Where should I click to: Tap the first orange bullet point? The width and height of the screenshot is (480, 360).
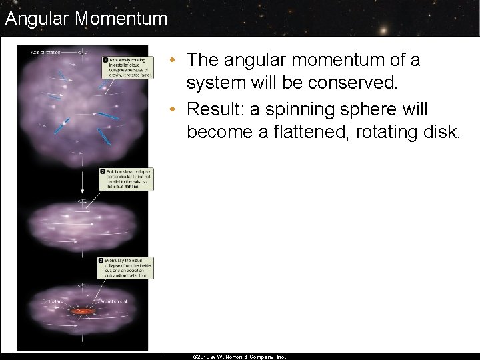[x=173, y=60]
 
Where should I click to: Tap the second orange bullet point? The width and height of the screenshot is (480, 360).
[x=173, y=109]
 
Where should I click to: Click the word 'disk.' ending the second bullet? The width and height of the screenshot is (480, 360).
[x=441, y=133]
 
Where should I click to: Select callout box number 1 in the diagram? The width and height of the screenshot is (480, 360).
[x=126, y=67]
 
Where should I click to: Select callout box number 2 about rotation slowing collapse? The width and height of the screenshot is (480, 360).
[x=126, y=179]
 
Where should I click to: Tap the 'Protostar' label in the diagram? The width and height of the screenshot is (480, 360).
[x=51, y=301]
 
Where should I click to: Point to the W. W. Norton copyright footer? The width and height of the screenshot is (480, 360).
[x=239, y=357]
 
